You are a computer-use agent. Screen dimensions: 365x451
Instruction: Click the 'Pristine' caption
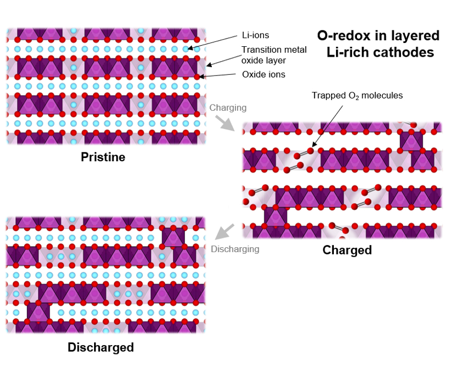click(x=103, y=157)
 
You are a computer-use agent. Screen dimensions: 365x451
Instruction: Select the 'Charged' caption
click(x=347, y=250)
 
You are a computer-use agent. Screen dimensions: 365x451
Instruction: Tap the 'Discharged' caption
click(x=101, y=347)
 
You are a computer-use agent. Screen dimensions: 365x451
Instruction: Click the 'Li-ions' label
click(x=256, y=35)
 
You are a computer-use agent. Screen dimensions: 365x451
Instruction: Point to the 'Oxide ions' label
click(x=264, y=74)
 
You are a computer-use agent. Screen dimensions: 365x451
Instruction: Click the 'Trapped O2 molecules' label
click(x=357, y=96)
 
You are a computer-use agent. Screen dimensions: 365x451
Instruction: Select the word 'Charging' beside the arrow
click(x=228, y=107)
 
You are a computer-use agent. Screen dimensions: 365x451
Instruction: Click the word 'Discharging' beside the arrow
click(x=235, y=249)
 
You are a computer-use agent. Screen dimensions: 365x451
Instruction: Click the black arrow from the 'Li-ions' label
click(x=215, y=42)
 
